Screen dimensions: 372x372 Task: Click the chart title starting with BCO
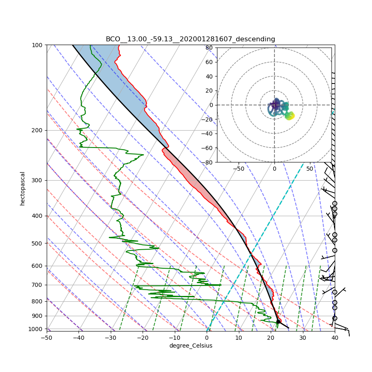click(x=190, y=39)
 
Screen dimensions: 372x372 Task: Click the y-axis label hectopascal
click(x=23, y=188)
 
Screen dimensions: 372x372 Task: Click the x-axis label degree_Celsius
click(x=191, y=346)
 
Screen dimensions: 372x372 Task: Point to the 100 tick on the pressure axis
click(x=38, y=45)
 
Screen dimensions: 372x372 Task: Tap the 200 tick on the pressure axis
click(x=38, y=130)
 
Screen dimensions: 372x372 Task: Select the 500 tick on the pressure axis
click(x=38, y=243)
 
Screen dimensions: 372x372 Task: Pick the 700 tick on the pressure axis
click(x=38, y=285)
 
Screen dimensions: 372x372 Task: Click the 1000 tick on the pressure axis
click(x=36, y=329)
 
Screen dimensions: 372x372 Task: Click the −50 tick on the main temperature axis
click(x=46, y=338)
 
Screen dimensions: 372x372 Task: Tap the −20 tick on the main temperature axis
click(x=143, y=338)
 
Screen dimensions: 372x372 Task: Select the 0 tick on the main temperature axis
click(x=207, y=338)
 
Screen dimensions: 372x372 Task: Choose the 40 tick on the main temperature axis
click(x=335, y=338)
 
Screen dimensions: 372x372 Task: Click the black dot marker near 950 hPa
click(x=279, y=321)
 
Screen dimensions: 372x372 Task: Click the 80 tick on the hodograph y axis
click(x=209, y=48)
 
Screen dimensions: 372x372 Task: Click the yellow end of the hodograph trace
click(x=291, y=116)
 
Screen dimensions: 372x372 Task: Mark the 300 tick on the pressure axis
click(x=38, y=180)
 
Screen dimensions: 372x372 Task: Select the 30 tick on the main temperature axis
click(x=303, y=338)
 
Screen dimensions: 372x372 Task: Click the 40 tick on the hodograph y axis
click(x=209, y=76)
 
